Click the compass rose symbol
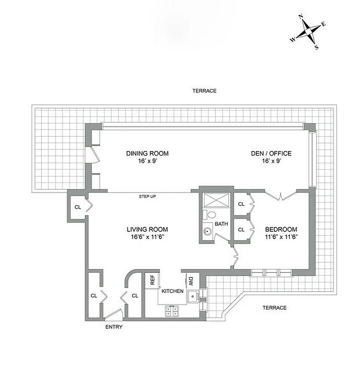(308, 33)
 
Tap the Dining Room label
(144, 154)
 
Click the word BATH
(221, 224)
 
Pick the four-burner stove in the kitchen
(172, 311)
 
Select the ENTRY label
(113, 327)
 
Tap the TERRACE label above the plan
(204, 91)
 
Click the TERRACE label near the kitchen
(275, 308)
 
